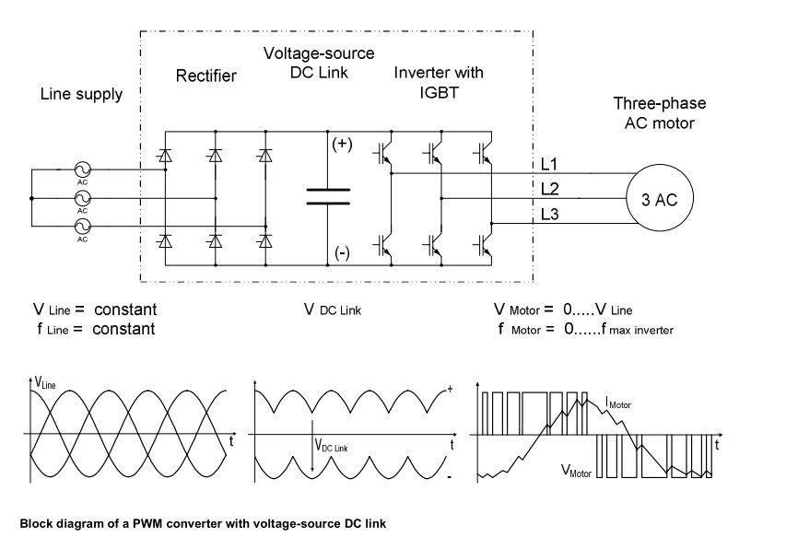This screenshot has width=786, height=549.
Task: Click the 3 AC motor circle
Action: click(x=659, y=197)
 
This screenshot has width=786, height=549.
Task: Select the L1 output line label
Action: click(x=549, y=164)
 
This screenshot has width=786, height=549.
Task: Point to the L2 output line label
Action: click(x=549, y=189)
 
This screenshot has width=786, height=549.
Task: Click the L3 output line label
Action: click(x=549, y=214)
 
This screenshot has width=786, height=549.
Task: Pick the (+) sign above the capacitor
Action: click(x=342, y=145)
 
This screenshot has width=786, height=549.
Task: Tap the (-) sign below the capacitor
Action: click(x=342, y=252)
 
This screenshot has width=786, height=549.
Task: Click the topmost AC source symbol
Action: click(x=82, y=170)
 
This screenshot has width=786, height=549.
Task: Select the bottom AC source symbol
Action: click(x=82, y=225)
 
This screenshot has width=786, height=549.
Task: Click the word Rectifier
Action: click(x=205, y=76)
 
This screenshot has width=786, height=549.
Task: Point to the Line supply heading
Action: click(x=81, y=94)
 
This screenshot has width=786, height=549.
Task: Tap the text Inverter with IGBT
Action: click(x=438, y=81)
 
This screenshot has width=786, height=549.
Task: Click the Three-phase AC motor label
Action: click(x=654, y=112)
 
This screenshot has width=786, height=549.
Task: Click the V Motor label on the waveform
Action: click(x=576, y=470)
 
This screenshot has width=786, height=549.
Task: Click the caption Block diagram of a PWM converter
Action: click(x=203, y=523)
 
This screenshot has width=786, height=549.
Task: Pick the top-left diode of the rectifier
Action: click(x=165, y=155)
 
